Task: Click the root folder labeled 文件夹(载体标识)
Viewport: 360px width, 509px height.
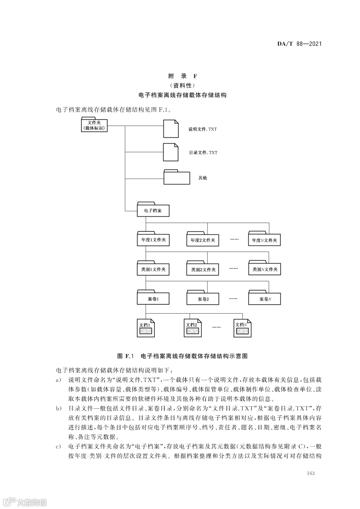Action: (x=94, y=125)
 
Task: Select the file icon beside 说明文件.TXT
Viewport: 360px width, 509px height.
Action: (x=171, y=129)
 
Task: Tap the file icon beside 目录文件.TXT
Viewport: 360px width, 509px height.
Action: (x=171, y=152)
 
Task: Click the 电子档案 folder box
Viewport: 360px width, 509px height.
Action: (x=153, y=210)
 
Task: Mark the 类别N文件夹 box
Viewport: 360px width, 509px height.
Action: (x=264, y=269)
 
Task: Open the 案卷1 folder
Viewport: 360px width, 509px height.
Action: (x=153, y=299)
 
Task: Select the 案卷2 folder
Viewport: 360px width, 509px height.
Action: (x=202, y=299)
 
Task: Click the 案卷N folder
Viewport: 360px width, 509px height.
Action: (x=264, y=299)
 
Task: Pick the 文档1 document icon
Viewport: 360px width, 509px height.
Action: (x=146, y=328)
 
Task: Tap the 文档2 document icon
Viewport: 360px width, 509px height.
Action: (x=193, y=328)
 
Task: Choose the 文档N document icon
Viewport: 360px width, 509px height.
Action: (x=242, y=328)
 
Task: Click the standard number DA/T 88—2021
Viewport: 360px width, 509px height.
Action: (x=299, y=44)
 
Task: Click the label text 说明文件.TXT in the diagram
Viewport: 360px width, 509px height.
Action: (x=203, y=129)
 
